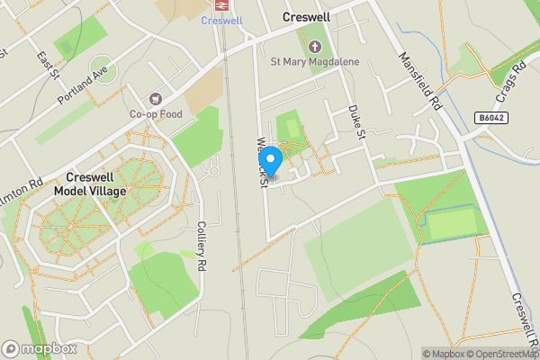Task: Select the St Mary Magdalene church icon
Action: [314, 46]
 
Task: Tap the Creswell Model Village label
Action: [90, 184]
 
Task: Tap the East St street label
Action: [42, 64]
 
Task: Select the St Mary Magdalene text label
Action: [314, 62]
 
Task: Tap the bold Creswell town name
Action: [307, 17]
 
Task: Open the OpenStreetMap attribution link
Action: [503, 354]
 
